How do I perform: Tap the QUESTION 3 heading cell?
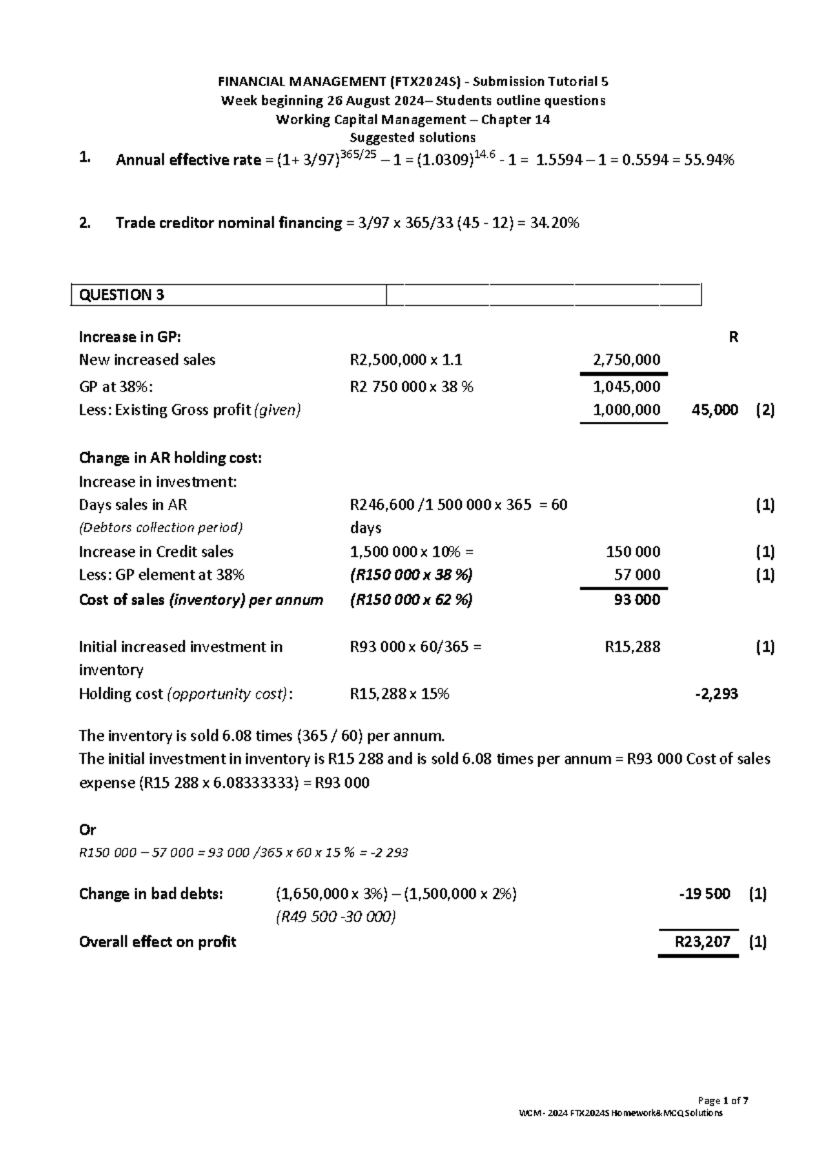tap(122, 295)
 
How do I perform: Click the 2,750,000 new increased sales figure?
tap(626, 360)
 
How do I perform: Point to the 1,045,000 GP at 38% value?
tap(626, 387)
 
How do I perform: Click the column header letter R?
tap(733, 337)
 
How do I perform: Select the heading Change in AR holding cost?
tap(170, 458)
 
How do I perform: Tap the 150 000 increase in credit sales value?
tap(633, 552)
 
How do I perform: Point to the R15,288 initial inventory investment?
tap(632, 647)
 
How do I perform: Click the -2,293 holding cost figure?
tap(717, 694)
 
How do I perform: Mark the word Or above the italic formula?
tap(88, 830)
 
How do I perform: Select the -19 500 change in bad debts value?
tap(704, 895)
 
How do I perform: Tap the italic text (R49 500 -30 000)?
tap(336, 917)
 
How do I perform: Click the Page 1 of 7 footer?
tap(723, 1101)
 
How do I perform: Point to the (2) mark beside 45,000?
tap(765, 410)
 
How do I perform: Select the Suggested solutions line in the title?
tap(413, 138)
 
